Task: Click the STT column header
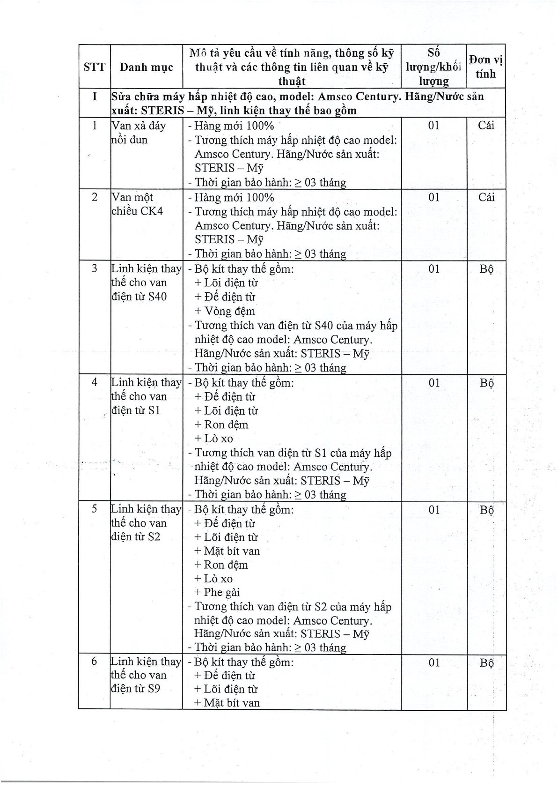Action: tap(94, 67)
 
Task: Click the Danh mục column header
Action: tap(146, 67)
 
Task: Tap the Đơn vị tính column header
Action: tap(486, 67)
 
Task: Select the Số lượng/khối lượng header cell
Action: tap(433, 67)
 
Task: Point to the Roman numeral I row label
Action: tap(94, 97)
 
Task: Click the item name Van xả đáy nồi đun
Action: tap(139, 132)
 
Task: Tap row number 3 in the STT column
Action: tap(94, 269)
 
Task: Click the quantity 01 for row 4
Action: tap(434, 383)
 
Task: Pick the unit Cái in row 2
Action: tap(486, 197)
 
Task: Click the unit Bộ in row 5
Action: tap(486, 510)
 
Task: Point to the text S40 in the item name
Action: tap(157, 297)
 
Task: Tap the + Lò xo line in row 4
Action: tap(213, 439)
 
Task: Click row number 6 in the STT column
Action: tap(94, 662)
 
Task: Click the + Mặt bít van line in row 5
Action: tap(227, 551)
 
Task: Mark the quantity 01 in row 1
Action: tap(434, 126)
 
